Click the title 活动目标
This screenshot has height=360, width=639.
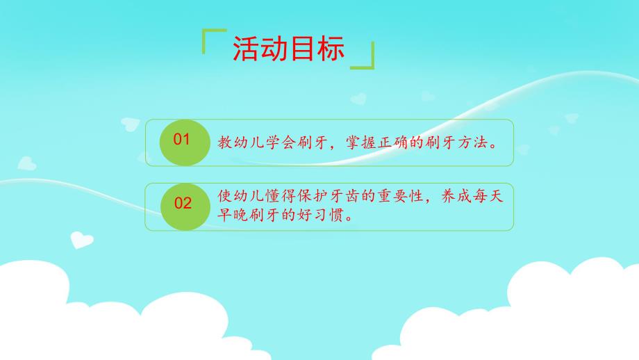(x=288, y=49)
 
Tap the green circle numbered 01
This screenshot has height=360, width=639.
(x=182, y=141)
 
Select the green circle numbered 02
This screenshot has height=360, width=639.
(x=183, y=204)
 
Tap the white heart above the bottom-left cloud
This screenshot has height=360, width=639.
(x=81, y=239)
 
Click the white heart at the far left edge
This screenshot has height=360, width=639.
(x=27, y=163)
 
